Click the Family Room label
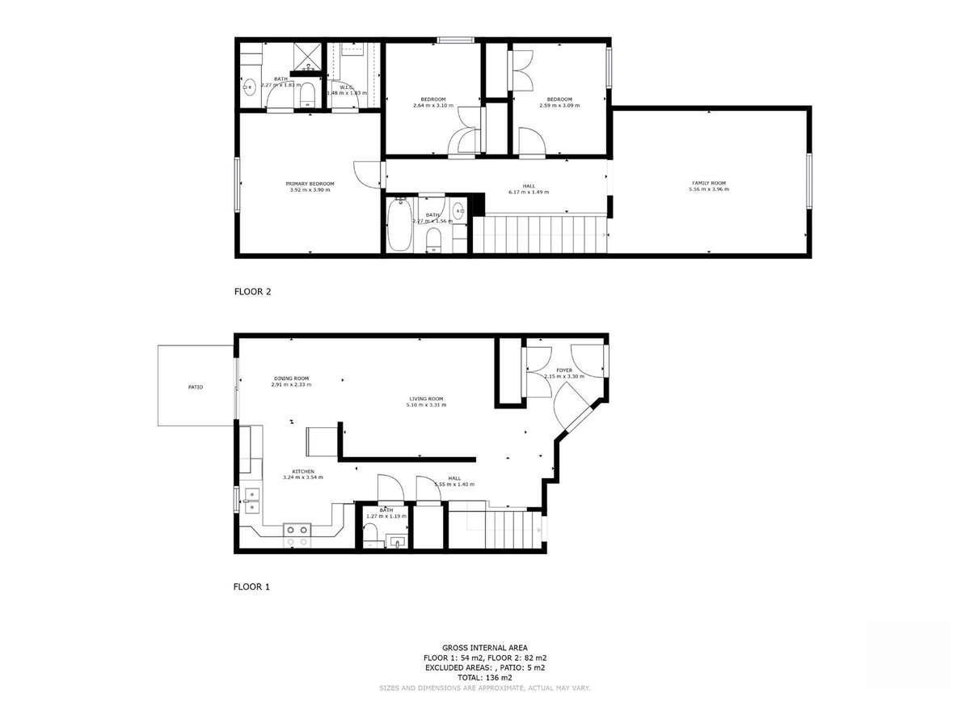pos(708,184)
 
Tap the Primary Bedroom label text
pos(310,184)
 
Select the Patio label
pos(196,387)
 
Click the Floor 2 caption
pos(252,292)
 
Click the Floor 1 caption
pos(251,586)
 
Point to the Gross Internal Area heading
pos(485,648)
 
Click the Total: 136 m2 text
pos(485,678)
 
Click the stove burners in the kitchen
pos(297,530)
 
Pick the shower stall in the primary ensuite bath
pos(309,58)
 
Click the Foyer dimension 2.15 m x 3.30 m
pos(563,377)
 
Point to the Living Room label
pos(425,399)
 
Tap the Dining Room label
pos(291,379)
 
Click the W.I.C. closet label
pos(347,87)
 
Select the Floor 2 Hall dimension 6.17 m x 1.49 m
pos(529,193)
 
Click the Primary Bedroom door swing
pos(365,174)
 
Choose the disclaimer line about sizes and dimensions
pos(485,688)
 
